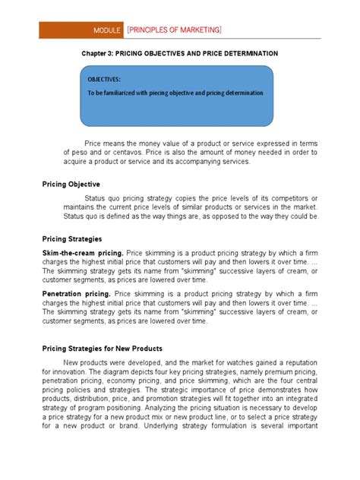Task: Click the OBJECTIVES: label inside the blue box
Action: pyautogui.click(x=104, y=79)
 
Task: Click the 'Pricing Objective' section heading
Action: pyautogui.click(x=72, y=184)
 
